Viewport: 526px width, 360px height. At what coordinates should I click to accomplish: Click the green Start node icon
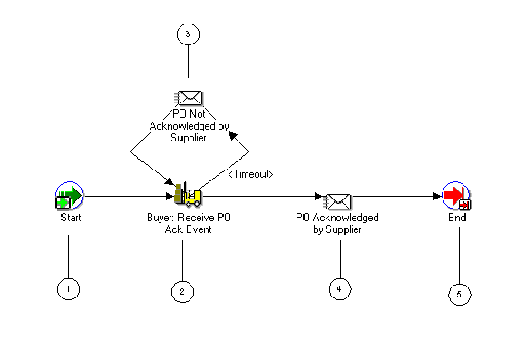69,195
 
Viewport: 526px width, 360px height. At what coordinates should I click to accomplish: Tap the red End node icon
456,196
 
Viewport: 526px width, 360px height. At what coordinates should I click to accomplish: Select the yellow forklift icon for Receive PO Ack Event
188,193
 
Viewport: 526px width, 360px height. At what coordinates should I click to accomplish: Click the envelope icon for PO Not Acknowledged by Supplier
189,99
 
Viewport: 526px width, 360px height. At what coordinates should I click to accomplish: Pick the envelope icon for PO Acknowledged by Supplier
338,199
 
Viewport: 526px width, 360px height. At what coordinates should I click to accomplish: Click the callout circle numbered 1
68,289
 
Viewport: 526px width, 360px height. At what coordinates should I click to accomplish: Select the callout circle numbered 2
182,290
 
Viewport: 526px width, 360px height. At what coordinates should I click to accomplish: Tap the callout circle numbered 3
188,34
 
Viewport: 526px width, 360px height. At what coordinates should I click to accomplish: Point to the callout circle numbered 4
340,288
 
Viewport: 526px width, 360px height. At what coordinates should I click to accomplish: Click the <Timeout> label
250,172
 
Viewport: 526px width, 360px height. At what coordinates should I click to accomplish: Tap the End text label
457,219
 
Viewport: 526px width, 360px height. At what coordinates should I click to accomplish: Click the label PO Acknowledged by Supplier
337,224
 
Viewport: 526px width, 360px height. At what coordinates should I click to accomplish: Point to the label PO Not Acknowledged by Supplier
189,126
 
